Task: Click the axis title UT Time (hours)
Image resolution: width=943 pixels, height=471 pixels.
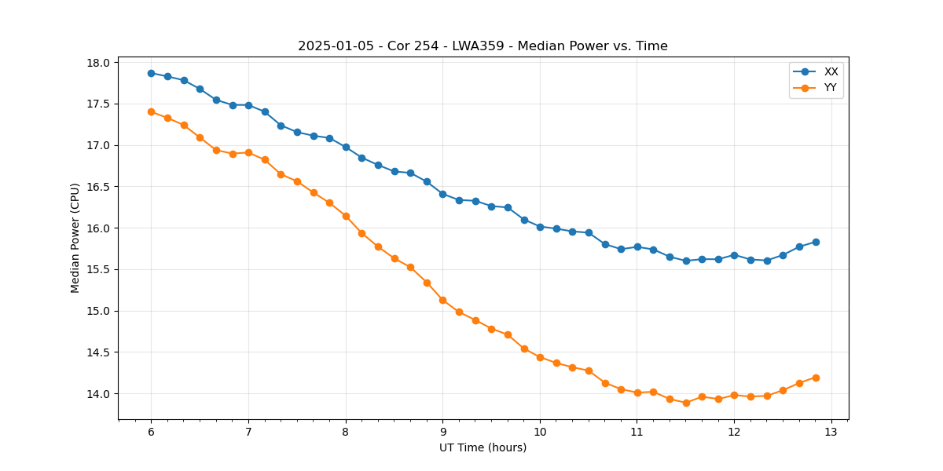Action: coord(483,447)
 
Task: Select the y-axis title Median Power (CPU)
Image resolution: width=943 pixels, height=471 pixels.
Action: coord(75,238)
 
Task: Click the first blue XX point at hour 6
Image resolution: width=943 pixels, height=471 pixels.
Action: coord(151,73)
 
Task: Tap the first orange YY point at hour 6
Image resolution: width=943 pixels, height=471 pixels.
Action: coord(151,111)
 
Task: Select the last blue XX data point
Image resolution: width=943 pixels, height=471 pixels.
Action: coord(816,242)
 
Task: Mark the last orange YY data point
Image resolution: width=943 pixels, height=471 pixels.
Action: coord(816,378)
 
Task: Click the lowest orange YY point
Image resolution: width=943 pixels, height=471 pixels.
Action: coord(686,403)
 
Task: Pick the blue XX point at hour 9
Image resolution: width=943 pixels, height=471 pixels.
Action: coord(442,194)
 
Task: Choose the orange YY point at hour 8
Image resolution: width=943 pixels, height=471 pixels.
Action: coord(346,216)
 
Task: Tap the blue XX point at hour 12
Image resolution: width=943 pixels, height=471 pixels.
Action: coord(734,255)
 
